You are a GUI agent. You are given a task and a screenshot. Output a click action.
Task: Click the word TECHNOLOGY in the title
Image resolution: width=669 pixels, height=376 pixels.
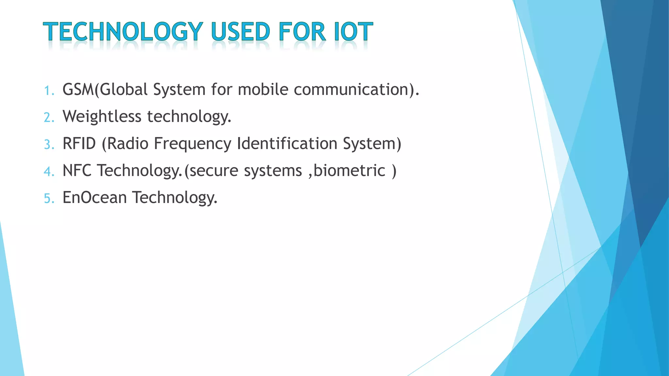123,32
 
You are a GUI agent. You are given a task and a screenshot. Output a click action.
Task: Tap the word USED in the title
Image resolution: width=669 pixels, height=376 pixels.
241,32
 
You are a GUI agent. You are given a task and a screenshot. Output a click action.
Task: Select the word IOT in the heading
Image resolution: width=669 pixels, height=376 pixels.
353,32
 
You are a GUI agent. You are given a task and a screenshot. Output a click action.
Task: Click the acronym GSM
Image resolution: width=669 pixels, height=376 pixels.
78,89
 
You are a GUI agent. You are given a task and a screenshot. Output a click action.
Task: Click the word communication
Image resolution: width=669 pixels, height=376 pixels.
351,89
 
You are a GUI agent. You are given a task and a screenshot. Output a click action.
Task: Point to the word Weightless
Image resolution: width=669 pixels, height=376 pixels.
102,117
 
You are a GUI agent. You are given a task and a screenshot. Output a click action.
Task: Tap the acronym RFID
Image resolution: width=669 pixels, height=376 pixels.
79,144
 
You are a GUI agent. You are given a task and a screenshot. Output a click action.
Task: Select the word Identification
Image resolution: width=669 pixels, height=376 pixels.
287,144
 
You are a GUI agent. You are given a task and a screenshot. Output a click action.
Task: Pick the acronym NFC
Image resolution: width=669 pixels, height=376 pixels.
77,171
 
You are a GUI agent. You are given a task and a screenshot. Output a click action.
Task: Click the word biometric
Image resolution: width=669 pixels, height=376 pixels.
350,171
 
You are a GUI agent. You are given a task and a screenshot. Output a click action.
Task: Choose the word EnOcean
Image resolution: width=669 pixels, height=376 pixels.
94,198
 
